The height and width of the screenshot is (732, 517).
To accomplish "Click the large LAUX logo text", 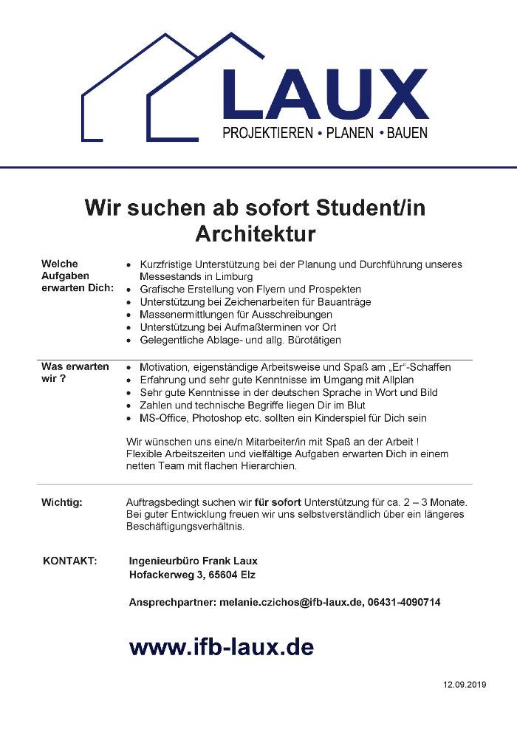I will pyautogui.click(x=325, y=94).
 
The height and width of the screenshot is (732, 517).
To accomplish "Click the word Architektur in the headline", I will pyautogui.click(x=256, y=233).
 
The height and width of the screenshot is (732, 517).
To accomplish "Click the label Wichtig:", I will pyautogui.click(x=62, y=503).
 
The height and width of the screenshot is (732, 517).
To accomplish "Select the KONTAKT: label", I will pyautogui.click(x=70, y=561).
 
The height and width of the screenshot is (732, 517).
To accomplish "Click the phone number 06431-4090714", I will pyautogui.click(x=404, y=603).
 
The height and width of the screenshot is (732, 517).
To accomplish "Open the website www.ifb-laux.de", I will pyautogui.click(x=221, y=648).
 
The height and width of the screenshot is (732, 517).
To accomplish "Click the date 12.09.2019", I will pyautogui.click(x=465, y=685).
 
